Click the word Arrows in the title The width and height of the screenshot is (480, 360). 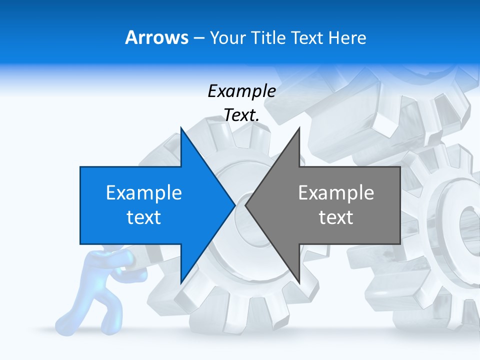(156, 37)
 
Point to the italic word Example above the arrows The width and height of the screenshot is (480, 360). (241, 91)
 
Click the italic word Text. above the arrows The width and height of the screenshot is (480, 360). (241, 115)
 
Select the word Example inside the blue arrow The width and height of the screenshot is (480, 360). (144, 193)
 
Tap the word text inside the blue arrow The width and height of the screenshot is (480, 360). (144, 217)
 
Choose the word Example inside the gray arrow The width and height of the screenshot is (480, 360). (336, 193)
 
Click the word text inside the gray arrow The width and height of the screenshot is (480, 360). (336, 217)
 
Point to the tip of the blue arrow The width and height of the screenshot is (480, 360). (234, 205)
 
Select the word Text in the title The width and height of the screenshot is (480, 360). (307, 37)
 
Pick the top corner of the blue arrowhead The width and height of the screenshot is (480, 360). (181, 128)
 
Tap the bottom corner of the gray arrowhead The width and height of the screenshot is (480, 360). (299, 283)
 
